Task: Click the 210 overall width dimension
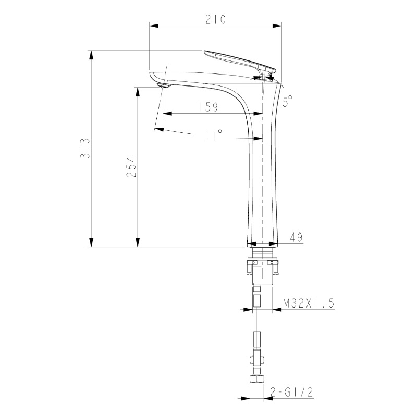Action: point(215,20)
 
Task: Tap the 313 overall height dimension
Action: point(85,149)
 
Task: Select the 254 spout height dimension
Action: point(131,167)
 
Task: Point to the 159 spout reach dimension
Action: point(208,107)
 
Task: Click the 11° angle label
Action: point(214,135)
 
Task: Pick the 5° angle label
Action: point(287,101)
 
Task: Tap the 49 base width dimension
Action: point(297,237)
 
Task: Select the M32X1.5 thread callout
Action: point(309,303)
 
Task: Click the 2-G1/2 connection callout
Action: point(291,392)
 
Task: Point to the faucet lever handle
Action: point(239,62)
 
